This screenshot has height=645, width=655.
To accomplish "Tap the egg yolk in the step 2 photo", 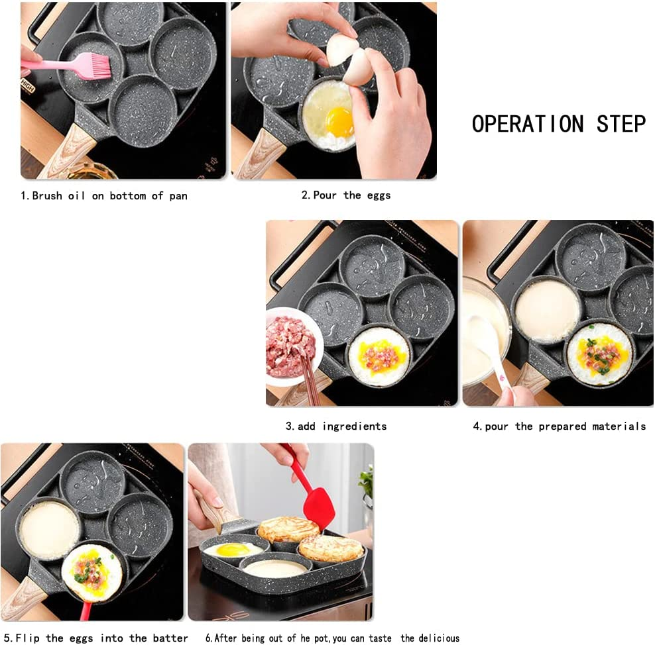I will point(339,121).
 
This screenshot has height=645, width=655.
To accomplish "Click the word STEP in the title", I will point(621,124).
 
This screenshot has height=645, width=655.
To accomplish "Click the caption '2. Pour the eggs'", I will point(346,195).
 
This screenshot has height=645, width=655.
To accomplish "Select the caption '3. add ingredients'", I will point(336,426).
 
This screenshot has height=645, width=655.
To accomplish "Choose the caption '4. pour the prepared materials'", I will point(559,426).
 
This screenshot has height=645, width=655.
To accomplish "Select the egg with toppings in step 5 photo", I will point(92,571).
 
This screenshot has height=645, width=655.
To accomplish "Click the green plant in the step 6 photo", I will point(366,483).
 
